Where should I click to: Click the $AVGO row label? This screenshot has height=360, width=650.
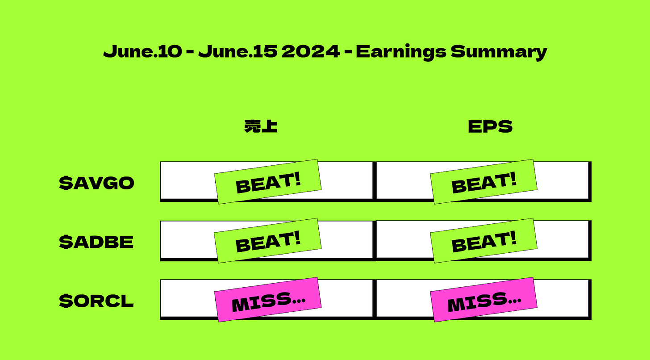point(96,183)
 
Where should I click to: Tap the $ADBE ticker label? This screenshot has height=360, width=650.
point(96,242)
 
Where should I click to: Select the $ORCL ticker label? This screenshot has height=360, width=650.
point(96,301)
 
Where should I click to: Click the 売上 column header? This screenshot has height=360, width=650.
point(261,126)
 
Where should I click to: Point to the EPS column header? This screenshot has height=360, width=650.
point(490,126)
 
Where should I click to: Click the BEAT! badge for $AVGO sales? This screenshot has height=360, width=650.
point(268,182)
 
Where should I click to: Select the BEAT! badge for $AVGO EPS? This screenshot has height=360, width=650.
point(483,182)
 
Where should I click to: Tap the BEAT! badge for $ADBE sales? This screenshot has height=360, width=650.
point(268,241)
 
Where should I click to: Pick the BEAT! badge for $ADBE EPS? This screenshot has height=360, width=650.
point(483,241)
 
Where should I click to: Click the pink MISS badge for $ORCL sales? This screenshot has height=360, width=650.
point(268,300)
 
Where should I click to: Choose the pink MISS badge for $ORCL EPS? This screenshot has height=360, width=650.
point(483,300)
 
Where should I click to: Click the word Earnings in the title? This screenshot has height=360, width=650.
point(401,52)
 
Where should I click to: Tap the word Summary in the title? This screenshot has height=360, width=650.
point(499,52)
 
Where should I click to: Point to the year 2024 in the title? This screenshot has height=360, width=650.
point(311,51)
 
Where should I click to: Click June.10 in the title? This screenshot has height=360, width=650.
point(142,51)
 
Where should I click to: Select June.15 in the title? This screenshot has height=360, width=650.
point(237,51)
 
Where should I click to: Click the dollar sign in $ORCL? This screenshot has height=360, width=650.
point(66,301)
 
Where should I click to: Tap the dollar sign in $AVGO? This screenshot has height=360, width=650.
point(66,183)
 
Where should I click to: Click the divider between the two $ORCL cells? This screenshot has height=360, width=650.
point(374,299)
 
